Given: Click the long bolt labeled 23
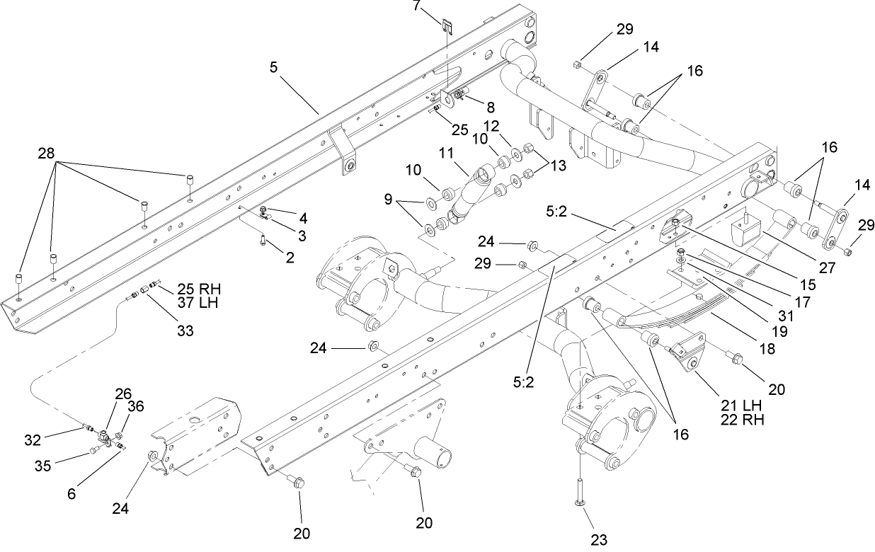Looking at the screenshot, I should click(580, 487).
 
